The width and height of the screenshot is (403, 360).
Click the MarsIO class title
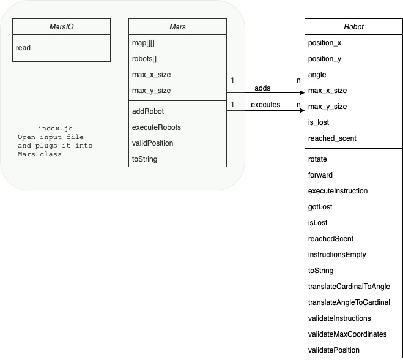61,28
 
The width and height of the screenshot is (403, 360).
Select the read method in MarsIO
23,48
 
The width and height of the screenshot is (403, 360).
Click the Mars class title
177,28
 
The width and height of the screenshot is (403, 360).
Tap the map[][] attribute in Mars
144,43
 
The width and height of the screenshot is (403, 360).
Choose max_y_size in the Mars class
151,91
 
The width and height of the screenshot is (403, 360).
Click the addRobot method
148,111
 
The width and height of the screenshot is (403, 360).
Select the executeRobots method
156,127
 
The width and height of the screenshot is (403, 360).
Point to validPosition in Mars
152,143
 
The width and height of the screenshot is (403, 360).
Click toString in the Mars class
145,159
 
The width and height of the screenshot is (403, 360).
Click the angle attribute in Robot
317,75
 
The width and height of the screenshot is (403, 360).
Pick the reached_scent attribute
333,138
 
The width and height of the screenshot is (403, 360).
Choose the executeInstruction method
338,191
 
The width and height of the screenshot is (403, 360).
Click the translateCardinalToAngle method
349,287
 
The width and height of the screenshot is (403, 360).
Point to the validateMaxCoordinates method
348,334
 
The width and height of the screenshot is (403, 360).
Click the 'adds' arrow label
262,88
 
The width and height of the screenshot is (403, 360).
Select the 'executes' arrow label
265,105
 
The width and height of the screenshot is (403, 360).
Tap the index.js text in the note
51,128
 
